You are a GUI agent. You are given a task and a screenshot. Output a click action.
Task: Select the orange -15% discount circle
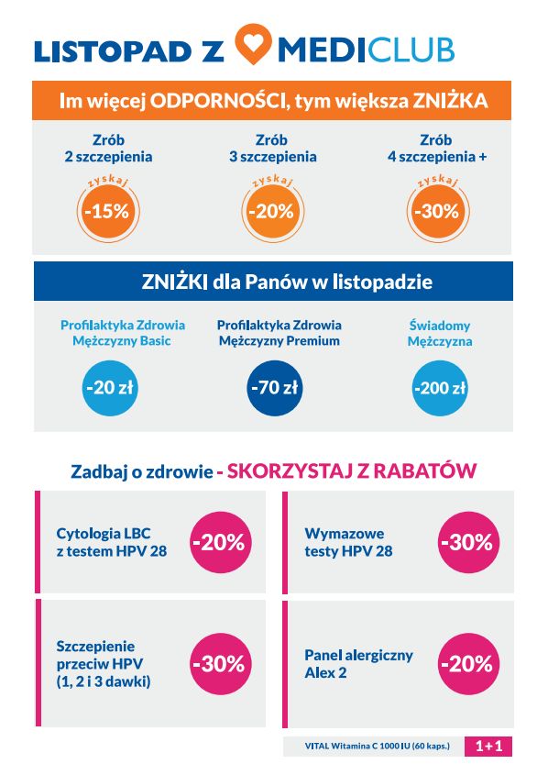(107, 210)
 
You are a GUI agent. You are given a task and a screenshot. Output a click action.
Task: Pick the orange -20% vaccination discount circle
(272, 210)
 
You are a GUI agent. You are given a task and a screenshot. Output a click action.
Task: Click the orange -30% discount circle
(436, 210)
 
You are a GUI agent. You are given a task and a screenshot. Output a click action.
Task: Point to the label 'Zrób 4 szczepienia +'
(436, 149)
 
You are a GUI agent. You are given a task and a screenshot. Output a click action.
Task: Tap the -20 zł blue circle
(109, 387)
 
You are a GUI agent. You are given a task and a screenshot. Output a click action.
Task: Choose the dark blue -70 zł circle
(274, 387)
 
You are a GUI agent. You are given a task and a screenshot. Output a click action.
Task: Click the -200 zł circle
(439, 387)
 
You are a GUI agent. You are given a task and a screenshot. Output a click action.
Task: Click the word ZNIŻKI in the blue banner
(174, 282)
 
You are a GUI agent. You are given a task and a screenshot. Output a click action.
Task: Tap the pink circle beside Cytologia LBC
(218, 542)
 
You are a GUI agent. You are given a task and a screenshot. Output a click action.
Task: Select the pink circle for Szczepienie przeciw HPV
(218, 663)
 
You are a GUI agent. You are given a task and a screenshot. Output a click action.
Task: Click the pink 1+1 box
(488, 747)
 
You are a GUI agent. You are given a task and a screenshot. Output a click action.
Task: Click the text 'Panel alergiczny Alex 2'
(358, 663)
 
